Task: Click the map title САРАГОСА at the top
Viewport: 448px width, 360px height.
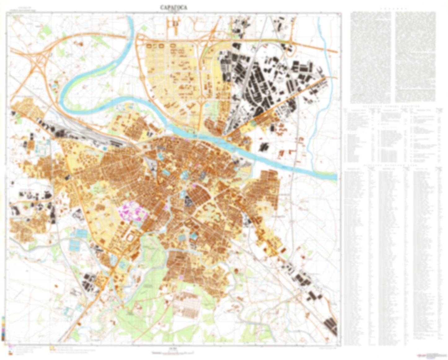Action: coord(173,8)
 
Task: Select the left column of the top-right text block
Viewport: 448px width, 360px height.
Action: coord(370,57)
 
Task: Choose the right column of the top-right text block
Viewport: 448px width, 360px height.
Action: coord(415,57)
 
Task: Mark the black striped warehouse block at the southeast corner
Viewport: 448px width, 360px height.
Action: coord(330,326)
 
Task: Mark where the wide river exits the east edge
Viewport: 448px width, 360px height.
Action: coord(336,177)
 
